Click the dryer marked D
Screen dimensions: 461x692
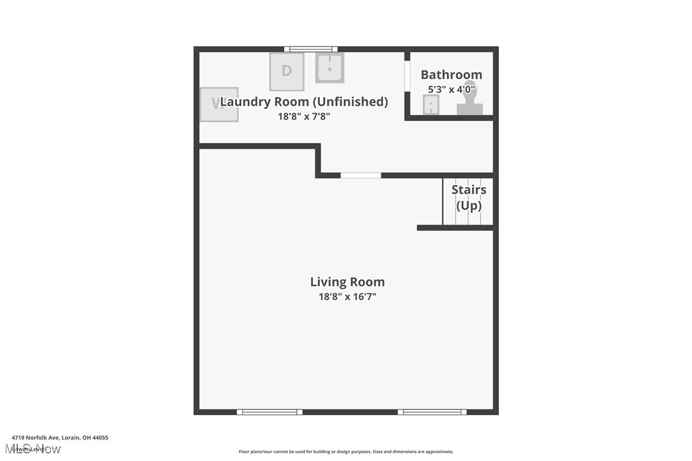coord(287,71)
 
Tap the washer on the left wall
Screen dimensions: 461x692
coord(219,104)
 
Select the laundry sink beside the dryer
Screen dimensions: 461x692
coord(329,67)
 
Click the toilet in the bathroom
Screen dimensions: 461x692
coord(470,101)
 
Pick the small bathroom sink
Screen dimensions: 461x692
coord(431,105)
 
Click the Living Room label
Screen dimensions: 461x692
coord(347,281)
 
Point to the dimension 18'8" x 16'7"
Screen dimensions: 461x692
coord(347,296)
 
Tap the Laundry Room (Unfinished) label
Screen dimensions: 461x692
coord(305,101)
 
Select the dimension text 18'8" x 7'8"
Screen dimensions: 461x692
coord(304,117)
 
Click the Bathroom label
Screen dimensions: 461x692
coord(451,74)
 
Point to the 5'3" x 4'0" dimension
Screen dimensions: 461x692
coord(451,90)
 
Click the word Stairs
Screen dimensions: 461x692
coord(469,190)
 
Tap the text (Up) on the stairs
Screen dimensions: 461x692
coord(469,206)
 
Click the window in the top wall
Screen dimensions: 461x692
coord(310,49)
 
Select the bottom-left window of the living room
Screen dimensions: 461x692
coord(270,412)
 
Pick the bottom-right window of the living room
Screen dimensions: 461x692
coord(432,412)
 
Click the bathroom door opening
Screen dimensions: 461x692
coord(407,87)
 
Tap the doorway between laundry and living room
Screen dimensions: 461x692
coord(361,175)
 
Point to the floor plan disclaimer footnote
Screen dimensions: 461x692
coord(346,451)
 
